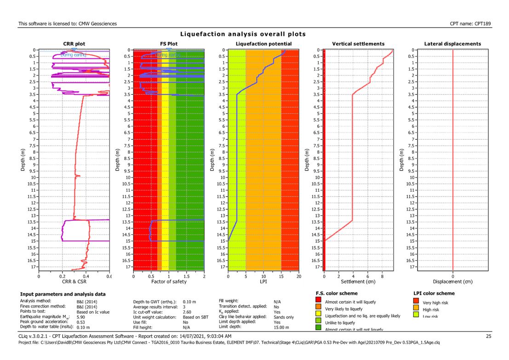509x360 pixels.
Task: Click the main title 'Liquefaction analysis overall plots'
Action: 243,34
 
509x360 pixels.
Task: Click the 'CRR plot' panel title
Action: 74,44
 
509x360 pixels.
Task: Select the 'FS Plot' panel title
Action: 169,44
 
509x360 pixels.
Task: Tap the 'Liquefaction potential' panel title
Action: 263,44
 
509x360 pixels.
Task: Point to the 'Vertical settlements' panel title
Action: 358,44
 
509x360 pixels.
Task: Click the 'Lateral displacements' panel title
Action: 453,44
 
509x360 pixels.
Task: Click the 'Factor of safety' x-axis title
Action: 169,281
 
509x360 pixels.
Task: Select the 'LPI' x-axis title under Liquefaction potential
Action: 263,281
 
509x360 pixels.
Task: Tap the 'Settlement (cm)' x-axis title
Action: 358,281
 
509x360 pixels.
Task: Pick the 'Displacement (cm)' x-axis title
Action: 453,281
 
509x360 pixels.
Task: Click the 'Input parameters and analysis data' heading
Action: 63,294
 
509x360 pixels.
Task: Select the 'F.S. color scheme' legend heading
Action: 337,293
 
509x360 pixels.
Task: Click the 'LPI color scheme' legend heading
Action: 435,293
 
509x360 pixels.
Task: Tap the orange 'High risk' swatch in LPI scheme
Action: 417,309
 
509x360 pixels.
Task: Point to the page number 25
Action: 489,337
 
